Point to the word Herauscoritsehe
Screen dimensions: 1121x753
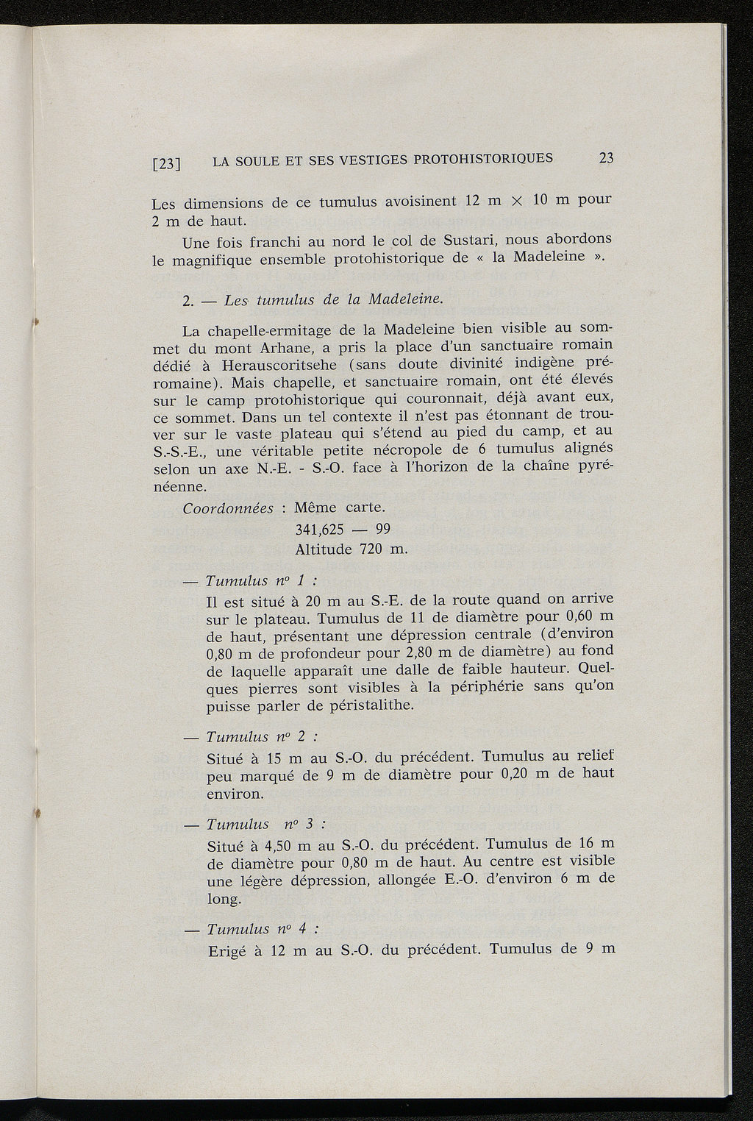[x=269, y=365]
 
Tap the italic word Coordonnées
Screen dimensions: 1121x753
[x=228, y=509]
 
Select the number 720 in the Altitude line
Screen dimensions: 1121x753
[x=373, y=549]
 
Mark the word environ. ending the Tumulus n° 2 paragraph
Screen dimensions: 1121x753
[x=235, y=794]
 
